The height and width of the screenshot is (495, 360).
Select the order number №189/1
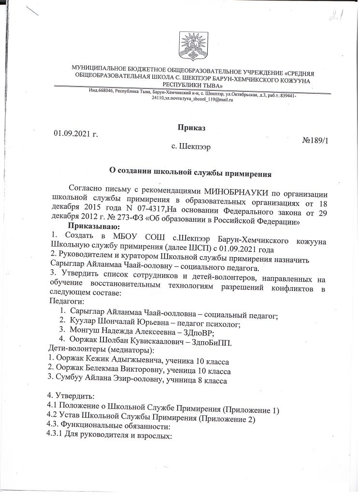317,140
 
